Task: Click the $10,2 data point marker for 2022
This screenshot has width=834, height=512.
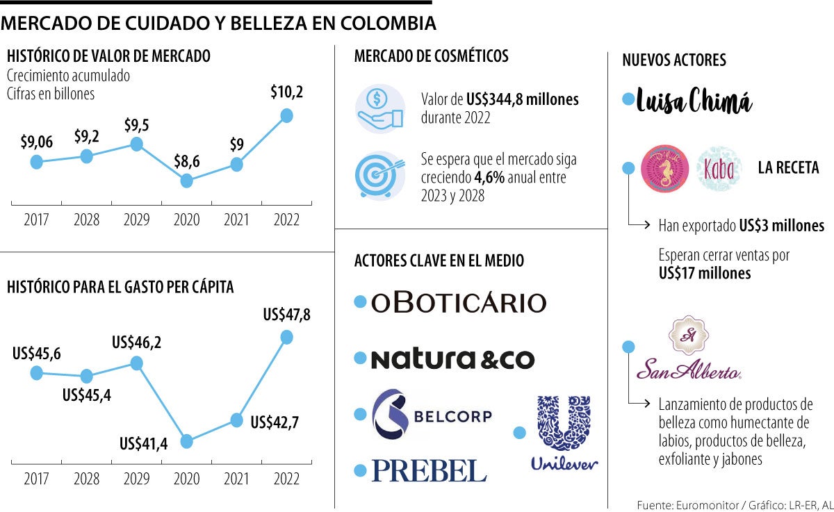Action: point(286,115)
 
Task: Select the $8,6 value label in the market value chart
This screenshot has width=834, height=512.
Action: point(186,160)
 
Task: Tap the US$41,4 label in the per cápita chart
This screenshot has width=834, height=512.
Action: point(145,444)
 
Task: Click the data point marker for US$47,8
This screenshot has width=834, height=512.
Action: point(286,337)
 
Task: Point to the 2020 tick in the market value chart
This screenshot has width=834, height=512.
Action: point(186,220)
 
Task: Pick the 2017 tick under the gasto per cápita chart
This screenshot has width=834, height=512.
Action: point(36,479)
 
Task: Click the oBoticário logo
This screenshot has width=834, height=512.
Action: point(459,302)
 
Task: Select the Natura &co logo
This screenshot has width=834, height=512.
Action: point(452,359)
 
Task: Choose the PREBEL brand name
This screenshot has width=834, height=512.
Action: point(429,470)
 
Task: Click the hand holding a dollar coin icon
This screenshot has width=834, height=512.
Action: point(379,108)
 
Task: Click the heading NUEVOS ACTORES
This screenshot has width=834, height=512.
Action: point(673,60)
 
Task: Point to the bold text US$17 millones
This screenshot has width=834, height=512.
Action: point(705,273)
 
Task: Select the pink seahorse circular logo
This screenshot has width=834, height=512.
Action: point(664,169)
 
